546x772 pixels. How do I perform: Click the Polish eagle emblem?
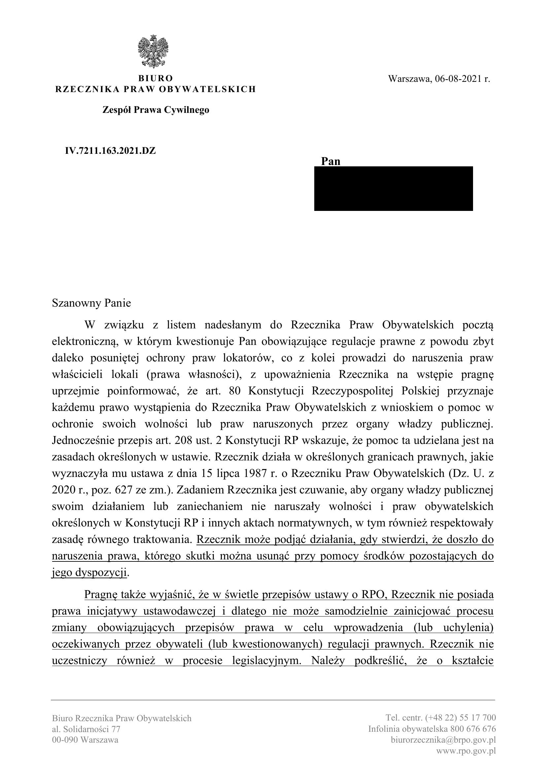(x=153, y=52)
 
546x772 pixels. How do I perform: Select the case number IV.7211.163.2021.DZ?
(x=110, y=151)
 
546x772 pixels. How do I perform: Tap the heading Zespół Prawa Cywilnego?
(x=156, y=110)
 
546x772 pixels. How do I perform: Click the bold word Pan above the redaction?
(x=330, y=161)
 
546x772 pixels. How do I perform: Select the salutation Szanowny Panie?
(x=91, y=303)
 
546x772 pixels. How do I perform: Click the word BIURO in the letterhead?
(x=156, y=78)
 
